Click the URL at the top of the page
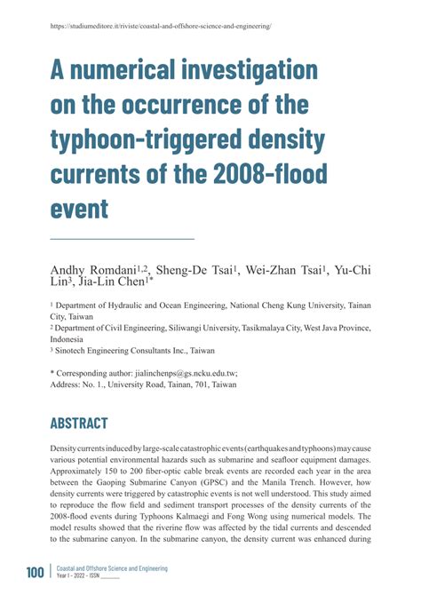click(x=160, y=27)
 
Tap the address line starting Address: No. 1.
click(x=143, y=385)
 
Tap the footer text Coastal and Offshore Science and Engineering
click(x=111, y=567)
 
